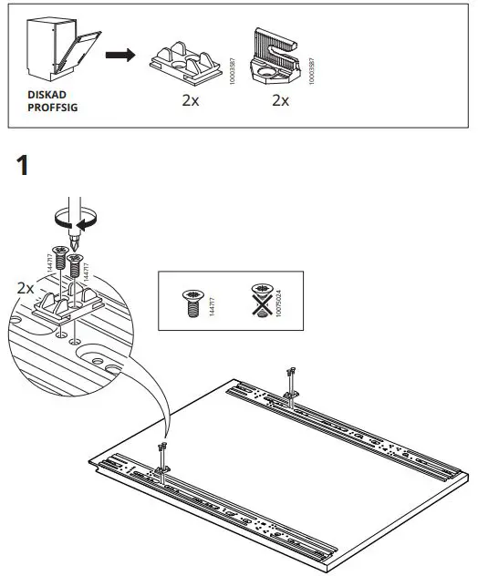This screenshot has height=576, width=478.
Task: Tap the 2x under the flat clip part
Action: (190, 100)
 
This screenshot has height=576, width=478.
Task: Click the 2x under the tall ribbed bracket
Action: (280, 100)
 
